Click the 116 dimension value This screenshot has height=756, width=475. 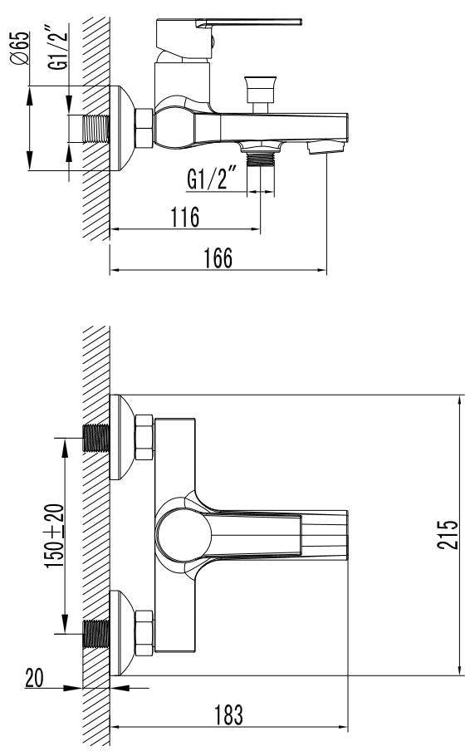point(184,218)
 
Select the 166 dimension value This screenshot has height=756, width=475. point(218,258)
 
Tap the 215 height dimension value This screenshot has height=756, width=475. point(449,534)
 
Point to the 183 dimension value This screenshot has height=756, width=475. point(228,714)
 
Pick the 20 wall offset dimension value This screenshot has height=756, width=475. point(34,678)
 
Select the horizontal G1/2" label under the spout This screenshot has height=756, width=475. point(212,178)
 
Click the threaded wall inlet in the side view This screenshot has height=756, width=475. point(95,129)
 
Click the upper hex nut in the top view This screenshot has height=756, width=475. point(144,439)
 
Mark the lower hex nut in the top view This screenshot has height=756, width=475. point(144,633)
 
